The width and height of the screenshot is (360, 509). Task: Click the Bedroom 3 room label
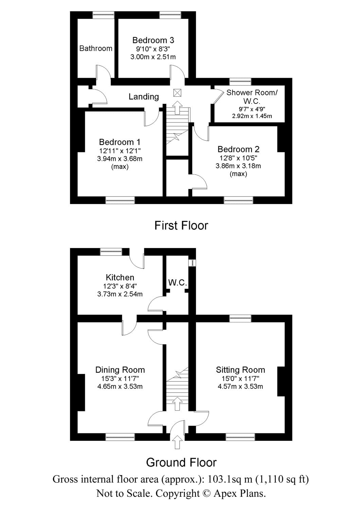(x=153, y=40)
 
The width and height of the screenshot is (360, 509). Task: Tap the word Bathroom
(x=96, y=48)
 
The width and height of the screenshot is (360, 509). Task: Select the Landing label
(x=144, y=97)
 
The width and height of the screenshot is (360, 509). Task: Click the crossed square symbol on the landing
(x=177, y=93)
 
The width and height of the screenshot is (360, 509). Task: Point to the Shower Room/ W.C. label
(x=252, y=96)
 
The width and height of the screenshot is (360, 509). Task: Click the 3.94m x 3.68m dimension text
(x=120, y=158)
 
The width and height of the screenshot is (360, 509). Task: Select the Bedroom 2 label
(x=238, y=149)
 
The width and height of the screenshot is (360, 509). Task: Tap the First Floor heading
(x=181, y=225)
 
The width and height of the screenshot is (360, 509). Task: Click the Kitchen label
(x=120, y=277)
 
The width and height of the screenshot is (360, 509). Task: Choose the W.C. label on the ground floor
(x=177, y=282)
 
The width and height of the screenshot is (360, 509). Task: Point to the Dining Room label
(x=120, y=370)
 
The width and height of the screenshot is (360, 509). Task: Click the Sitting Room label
(x=240, y=370)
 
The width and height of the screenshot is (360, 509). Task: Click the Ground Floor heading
(x=181, y=462)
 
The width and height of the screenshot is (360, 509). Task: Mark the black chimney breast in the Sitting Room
(x=281, y=381)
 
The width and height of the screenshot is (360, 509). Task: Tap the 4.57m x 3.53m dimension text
(x=240, y=387)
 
